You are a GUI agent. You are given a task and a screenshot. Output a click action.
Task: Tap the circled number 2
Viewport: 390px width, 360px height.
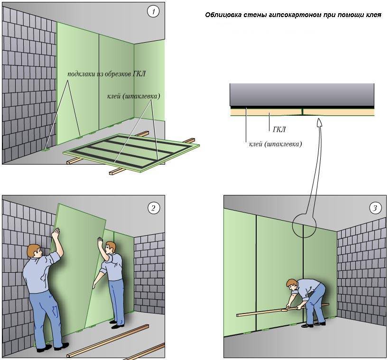click(153, 207)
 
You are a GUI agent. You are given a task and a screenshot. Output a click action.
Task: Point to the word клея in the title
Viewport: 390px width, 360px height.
click(373, 15)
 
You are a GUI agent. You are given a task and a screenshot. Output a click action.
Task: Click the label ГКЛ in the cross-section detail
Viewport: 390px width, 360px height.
click(279, 129)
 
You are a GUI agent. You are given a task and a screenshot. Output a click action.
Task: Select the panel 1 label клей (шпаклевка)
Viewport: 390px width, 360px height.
click(134, 96)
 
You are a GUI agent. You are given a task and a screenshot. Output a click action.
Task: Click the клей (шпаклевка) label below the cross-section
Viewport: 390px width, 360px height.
click(275, 143)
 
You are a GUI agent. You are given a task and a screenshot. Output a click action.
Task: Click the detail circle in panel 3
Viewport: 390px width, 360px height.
click(304, 225)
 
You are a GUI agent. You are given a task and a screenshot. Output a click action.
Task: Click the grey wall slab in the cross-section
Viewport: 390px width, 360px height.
click(302, 95)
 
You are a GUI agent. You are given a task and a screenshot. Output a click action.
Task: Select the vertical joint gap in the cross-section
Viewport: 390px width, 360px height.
click(302, 112)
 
